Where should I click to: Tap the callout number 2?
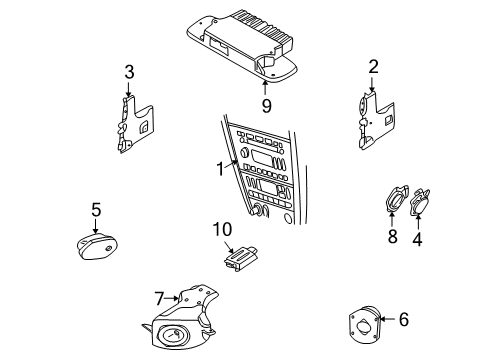[x=373, y=67]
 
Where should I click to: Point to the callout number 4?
[x=417, y=239]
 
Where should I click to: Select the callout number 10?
[x=221, y=230]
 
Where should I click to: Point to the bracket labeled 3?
[x=132, y=122]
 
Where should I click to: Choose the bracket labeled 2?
[x=379, y=122]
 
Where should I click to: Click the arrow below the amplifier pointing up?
[x=265, y=80]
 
